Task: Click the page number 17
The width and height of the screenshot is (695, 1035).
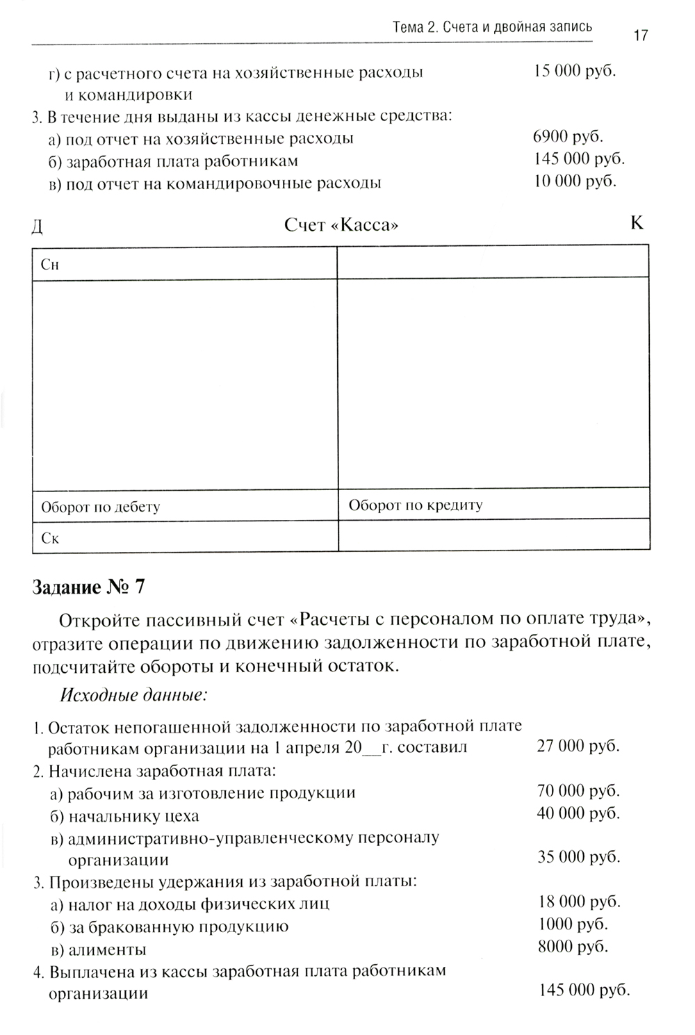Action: [640, 35]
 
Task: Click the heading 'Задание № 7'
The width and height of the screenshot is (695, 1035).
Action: [88, 587]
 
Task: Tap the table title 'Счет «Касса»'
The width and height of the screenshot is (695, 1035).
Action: [341, 225]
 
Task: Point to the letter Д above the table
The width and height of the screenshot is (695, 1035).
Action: [38, 227]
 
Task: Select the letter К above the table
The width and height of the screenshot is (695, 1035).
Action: [636, 223]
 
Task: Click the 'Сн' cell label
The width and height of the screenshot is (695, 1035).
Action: [50, 265]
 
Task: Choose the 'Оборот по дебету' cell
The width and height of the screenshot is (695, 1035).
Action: [100, 507]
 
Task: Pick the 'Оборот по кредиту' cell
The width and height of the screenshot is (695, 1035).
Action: [415, 505]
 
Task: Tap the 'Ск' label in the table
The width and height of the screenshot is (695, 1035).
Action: [50, 539]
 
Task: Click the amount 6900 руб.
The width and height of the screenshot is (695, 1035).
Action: [568, 136]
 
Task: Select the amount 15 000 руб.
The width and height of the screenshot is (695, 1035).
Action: [575, 71]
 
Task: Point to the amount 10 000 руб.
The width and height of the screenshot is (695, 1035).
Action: [575, 181]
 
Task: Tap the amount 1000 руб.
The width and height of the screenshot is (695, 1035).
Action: [573, 924]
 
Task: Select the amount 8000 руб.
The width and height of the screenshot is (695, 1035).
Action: [573, 946]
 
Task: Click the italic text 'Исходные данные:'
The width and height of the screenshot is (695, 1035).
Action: [135, 694]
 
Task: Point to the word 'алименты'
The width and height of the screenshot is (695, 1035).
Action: [107, 950]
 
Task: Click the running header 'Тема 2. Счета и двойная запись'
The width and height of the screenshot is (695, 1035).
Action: [492, 28]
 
